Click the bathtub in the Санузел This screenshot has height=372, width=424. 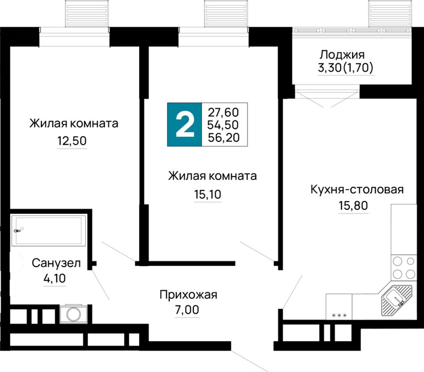pyautogui.click(x=49, y=230)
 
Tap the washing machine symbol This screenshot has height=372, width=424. pyautogui.click(x=73, y=314)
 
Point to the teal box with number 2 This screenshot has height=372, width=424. pyautogui.click(x=185, y=125)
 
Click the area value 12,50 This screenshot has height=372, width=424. pyautogui.click(x=72, y=141)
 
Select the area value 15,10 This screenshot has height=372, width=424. pyautogui.click(x=208, y=194)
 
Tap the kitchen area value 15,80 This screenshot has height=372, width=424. pyautogui.click(x=353, y=206)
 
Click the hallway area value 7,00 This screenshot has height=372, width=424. pyautogui.click(x=187, y=310)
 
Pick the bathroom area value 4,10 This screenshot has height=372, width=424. pyautogui.click(x=54, y=279)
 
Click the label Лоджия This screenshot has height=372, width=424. pyautogui.click(x=342, y=55)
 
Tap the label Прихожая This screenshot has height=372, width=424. pyautogui.click(x=188, y=295)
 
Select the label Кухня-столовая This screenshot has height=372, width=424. pyautogui.click(x=357, y=190)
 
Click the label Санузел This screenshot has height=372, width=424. pyautogui.click(x=56, y=263)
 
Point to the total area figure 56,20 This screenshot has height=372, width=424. pyautogui.click(x=224, y=138)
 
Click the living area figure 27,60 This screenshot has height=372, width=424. pyautogui.click(x=223, y=112)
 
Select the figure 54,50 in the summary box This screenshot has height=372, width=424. pyautogui.click(x=223, y=125)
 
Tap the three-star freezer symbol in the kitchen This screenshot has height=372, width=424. pyautogui.click(x=339, y=315)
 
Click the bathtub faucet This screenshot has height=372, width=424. pyautogui.click(x=17, y=231)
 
